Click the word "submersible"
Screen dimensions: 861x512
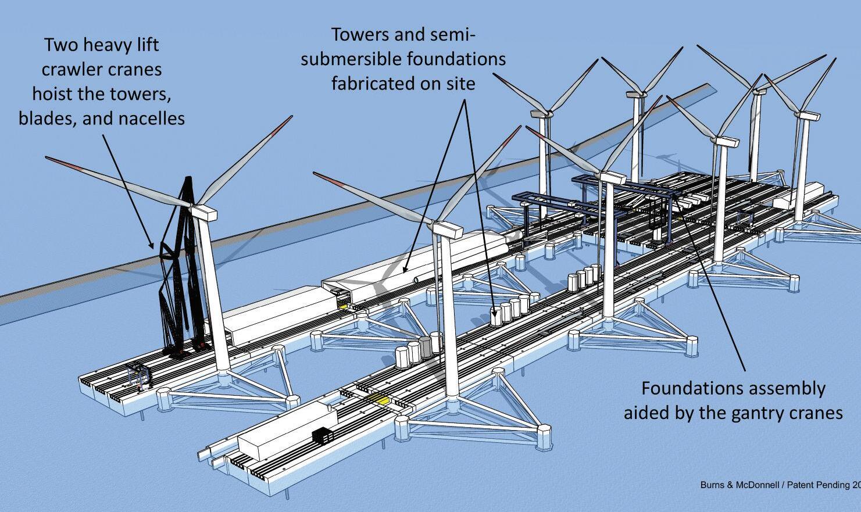click(x=351, y=59)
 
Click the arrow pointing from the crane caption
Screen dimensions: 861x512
click(x=128, y=191)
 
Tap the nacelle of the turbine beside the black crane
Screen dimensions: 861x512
click(x=203, y=212)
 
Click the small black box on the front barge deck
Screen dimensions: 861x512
click(x=323, y=435)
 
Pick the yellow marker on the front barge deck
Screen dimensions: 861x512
click(x=379, y=399)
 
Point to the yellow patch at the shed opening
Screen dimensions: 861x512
click(x=341, y=306)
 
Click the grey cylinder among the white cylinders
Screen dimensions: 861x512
click(x=426, y=346)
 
